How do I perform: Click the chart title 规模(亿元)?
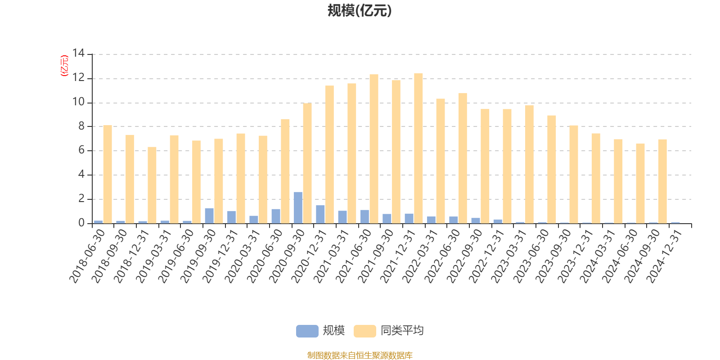click(x=359, y=11)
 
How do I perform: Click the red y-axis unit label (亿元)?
click(x=64, y=66)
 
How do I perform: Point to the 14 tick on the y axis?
click(x=78, y=54)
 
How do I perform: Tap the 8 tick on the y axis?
click(x=81, y=126)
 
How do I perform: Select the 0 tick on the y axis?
click(x=81, y=223)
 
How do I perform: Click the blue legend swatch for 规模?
click(x=307, y=331)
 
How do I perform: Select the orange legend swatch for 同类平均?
click(x=364, y=331)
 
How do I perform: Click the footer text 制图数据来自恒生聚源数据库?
click(x=360, y=355)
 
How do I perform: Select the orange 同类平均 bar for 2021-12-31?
click(x=418, y=148)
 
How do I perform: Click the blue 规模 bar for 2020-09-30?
click(x=298, y=207)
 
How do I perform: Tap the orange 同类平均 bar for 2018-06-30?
click(x=108, y=174)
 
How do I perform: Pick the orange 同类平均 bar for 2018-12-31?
click(x=152, y=185)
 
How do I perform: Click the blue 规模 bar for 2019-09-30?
click(x=209, y=216)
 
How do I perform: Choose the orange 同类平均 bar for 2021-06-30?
click(x=374, y=149)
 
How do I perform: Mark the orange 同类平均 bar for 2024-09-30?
click(x=662, y=181)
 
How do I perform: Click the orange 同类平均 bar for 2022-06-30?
click(x=463, y=158)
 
